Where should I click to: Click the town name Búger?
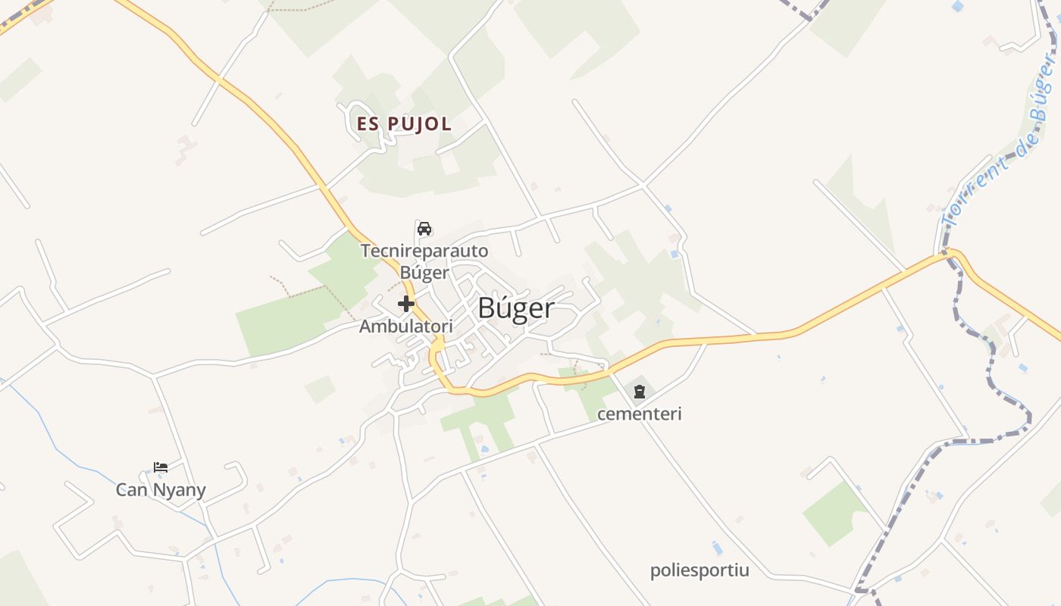516,309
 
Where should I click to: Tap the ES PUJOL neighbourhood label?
404,124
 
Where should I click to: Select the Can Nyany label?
161,490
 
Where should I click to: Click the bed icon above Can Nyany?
161,467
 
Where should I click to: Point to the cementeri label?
640,414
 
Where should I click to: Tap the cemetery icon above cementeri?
640,392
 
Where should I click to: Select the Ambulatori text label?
406,326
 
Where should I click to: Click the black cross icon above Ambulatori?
406,305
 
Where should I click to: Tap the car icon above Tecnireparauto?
424,229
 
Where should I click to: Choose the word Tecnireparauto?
424,251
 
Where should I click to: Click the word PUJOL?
419,124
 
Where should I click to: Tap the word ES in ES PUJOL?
368,124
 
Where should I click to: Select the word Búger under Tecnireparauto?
424,273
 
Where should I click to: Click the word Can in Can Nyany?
132,490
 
